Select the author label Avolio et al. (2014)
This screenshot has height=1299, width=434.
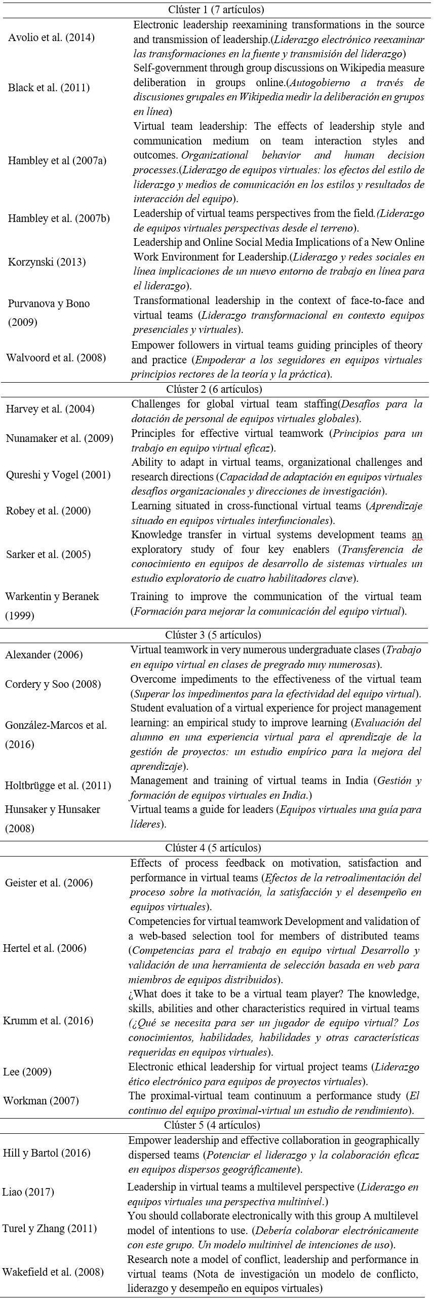(51, 38)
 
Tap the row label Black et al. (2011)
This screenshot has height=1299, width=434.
(49, 87)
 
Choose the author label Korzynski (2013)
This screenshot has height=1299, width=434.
(47, 262)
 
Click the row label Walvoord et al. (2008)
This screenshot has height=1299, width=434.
(56, 358)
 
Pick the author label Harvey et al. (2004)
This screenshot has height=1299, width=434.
(50, 409)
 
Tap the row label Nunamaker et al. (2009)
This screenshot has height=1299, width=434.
(59, 438)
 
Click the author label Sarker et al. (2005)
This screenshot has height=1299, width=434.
(48, 554)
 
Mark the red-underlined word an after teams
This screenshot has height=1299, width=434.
(417, 535)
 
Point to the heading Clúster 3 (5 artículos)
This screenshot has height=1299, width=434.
(213, 635)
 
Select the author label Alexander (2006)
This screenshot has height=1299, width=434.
(44, 655)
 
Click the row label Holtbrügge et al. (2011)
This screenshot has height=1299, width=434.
(58, 786)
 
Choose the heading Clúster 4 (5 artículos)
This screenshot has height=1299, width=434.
(213, 848)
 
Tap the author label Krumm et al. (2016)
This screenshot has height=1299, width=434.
(48, 1020)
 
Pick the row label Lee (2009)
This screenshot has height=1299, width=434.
(27, 1071)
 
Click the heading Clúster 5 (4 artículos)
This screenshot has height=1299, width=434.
(212, 1125)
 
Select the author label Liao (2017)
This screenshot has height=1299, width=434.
(28, 1192)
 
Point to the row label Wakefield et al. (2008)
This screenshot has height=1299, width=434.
(53, 1272)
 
